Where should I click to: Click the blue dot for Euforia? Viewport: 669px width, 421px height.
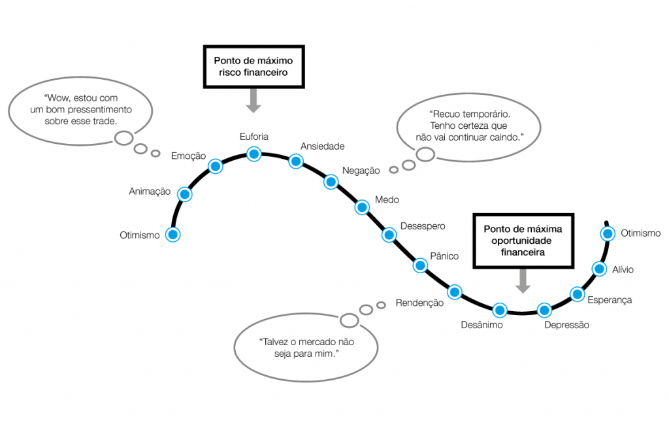click(253, 154)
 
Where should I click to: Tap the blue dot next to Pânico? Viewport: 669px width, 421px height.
click(420, 265)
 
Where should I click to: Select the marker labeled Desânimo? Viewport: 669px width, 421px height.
click(500, 310)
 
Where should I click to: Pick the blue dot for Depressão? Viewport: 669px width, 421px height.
click(544, 310)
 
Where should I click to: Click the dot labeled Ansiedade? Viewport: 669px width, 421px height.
click(296, 161)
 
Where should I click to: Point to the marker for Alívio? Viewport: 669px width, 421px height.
click(598, 268)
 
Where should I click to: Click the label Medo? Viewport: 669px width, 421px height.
click(387, 200)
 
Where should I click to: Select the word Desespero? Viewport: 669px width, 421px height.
click(422, 226)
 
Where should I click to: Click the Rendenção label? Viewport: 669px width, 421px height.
click(419, 303)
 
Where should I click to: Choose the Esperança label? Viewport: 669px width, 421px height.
click(610, 299)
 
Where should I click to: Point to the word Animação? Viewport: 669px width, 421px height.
click(150, 192)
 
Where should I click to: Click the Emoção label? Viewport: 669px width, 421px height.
click(188, 156)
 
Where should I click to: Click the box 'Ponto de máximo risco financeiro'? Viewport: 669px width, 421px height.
click(253, 66)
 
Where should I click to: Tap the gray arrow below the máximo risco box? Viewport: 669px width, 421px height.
click(253, 100)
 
